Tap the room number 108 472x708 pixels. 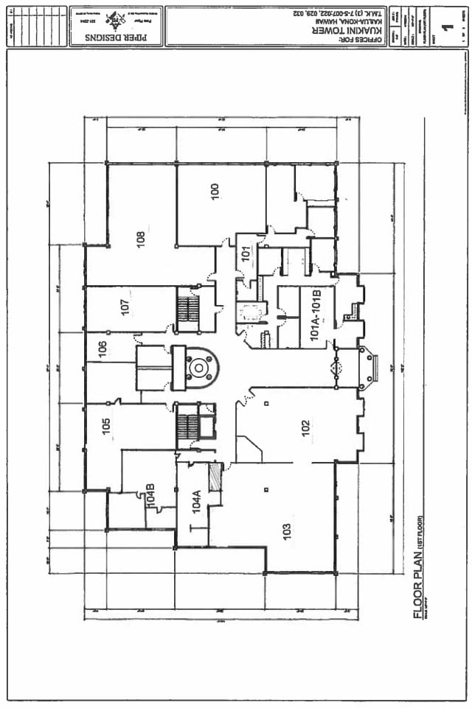139,239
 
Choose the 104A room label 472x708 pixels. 196,501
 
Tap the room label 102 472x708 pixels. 305,427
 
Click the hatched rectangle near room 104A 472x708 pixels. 215,476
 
